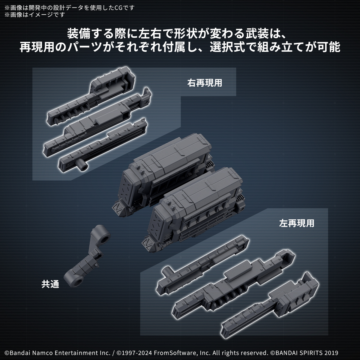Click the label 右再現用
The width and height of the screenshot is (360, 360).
(205, 83)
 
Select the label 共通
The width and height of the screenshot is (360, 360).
(50, 284)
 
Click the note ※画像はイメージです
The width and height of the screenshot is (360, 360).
(34, 14)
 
